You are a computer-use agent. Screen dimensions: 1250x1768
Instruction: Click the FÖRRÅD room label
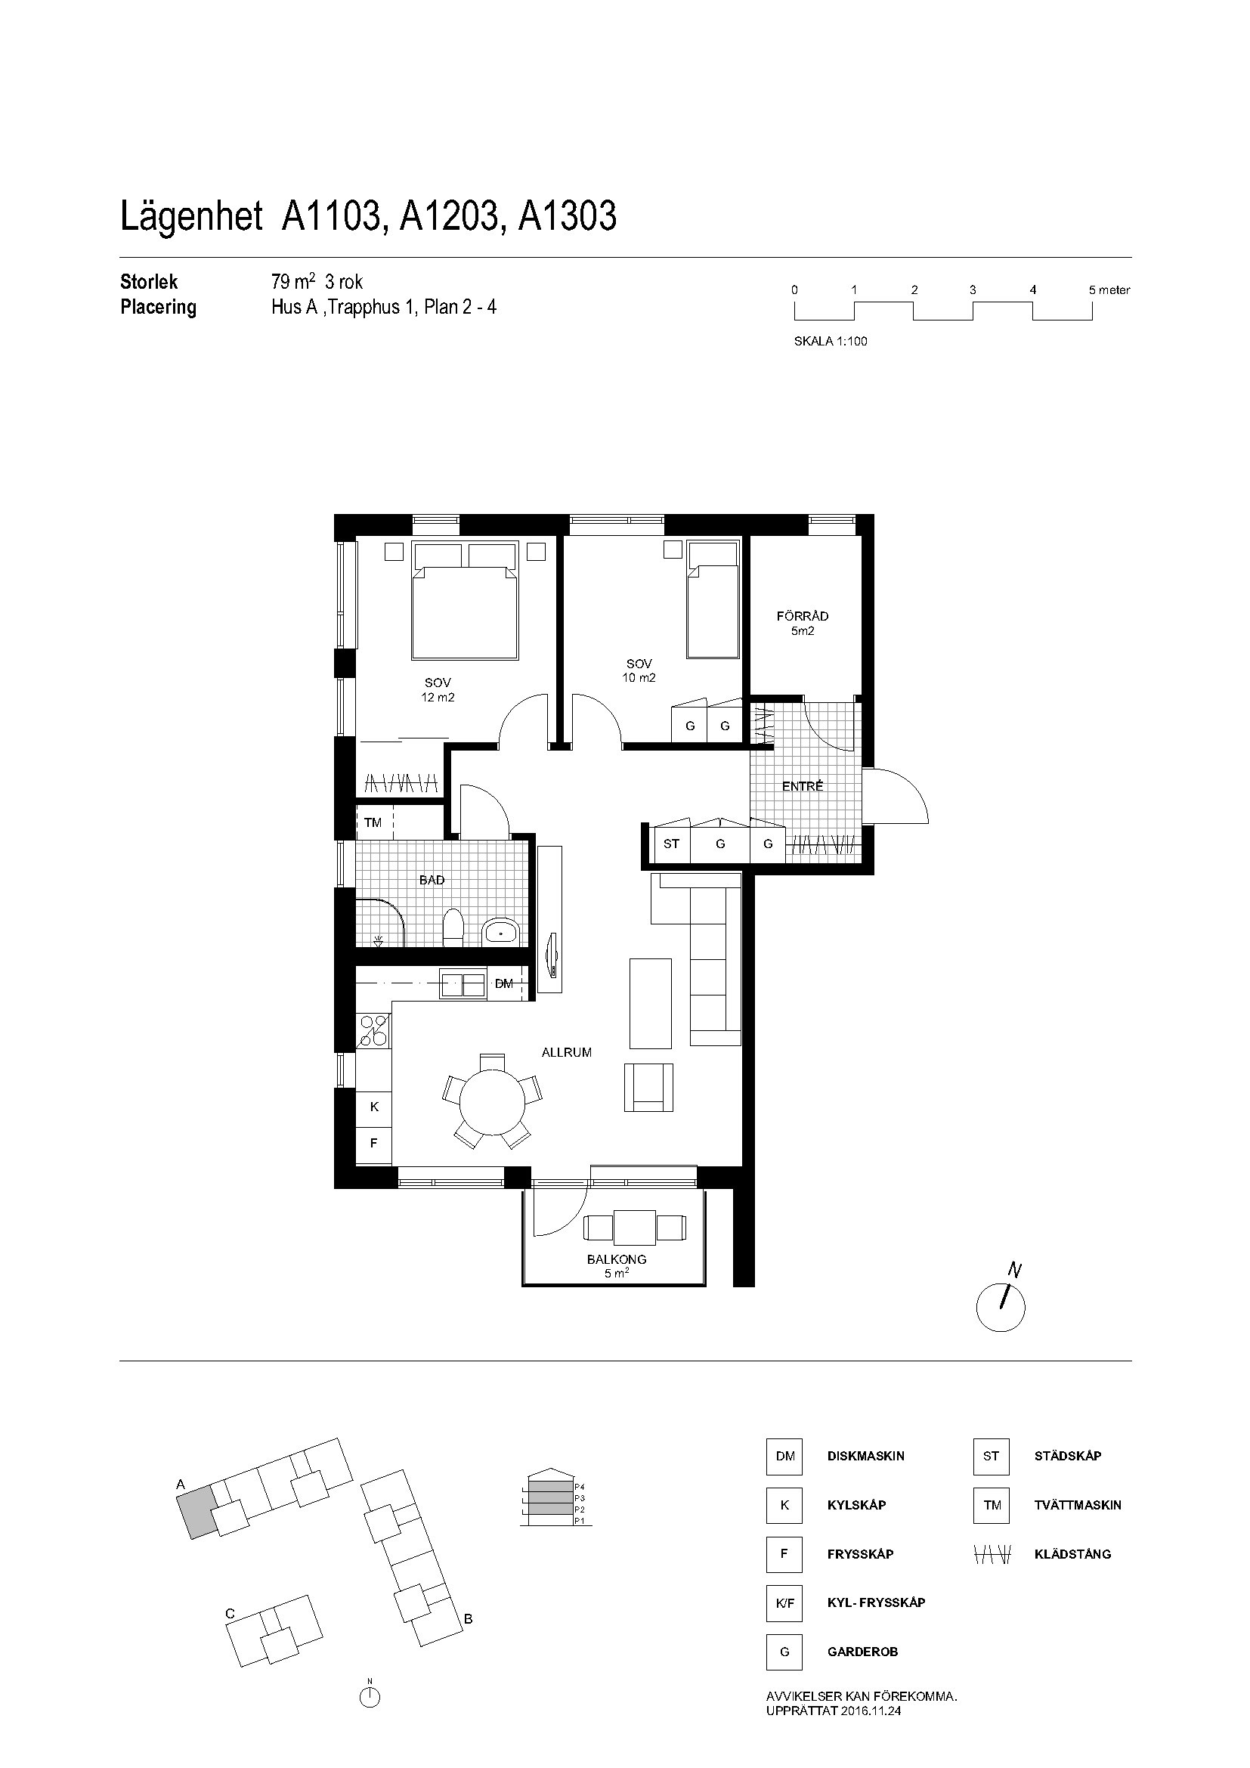tap(802, 616)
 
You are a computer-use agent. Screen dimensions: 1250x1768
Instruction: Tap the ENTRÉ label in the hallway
tap(803, 786)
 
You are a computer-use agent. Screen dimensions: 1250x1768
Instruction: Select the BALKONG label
tap(617, 1260)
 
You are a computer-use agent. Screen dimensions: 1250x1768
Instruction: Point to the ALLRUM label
tap(567, 1053)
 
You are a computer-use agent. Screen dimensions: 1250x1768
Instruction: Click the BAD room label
tap(432, 880)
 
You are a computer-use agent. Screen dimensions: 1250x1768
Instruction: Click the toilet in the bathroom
tap(454, 927)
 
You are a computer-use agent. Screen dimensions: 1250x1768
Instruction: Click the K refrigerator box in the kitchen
tap(374, 1107)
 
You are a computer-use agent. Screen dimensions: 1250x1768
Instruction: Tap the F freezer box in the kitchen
tap(374, 1144)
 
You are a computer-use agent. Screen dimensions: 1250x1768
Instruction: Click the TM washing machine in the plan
tap(374, 822)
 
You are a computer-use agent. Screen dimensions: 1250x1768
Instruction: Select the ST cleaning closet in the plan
tap(671, 844)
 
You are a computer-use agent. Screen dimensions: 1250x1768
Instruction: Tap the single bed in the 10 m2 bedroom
tap(713, 599)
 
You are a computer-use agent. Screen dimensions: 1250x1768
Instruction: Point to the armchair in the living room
tap(649, 1087)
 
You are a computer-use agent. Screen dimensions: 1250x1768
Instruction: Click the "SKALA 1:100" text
tap(831, 342)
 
